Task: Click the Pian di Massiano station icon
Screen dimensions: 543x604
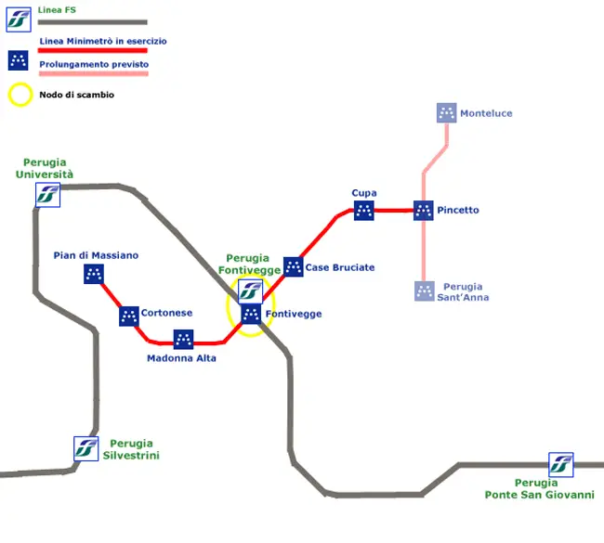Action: pyautogui.click(x=94, y=274)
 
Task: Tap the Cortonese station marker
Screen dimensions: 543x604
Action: pyautogui.click(x=129, y=316)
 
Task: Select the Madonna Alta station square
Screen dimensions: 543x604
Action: pyautogui.click(x=183, y=340)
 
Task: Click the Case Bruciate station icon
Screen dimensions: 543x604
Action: pyautogui.click(x=293, y=267)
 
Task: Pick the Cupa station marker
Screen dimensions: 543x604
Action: pyautogui.click(x=363, y=211)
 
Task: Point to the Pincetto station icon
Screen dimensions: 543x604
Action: pyautogui.click(x=423, y=211)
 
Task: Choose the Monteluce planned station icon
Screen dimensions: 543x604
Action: pyautogui.click(x=447, y=113)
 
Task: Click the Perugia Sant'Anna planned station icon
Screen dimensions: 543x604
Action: pyautogui.click(x=424, y=291)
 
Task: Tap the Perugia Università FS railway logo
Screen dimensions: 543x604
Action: pyautogui.click(x=47, y=195)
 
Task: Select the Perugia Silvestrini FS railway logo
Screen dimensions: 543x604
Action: pyautogui.click(x=85, y=448)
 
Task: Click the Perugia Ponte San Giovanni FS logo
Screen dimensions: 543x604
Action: pyautogui.click(x=560, y=464)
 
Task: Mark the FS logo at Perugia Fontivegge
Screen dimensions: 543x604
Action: pyautogui.click(x=250, y=291)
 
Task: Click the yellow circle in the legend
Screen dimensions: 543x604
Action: pyautogui.click(x=20, y=95)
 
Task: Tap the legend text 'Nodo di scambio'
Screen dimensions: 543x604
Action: pyautogui.click(x=77, y=95)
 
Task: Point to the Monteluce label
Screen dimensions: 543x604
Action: pyautogui.click(x=486, y=113)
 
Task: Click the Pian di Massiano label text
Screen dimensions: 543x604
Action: pyautogui.click(x=96, y=255)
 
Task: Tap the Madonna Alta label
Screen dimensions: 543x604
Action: pyautogui.click(x=181, y=358)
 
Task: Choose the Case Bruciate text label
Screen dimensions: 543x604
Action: pyautogui.click(x=340, y=267)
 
